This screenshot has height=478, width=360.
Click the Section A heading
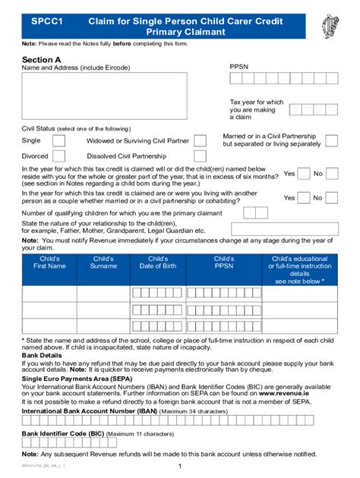point(42,58)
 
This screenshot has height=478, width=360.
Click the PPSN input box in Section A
point(282,83)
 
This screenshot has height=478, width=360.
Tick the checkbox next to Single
point(58,140)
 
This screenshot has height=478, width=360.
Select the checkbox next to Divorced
point(58,156)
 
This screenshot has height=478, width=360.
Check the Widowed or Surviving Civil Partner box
point(201,140)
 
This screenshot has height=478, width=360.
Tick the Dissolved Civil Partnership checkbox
point(201,156)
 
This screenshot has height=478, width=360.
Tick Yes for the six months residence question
point(303,174)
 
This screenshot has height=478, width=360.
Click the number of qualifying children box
point(260,213)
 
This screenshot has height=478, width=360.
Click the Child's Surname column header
point(103,263)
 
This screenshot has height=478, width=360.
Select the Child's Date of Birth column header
point(158,263)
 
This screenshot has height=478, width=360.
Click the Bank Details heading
point(42,354)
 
